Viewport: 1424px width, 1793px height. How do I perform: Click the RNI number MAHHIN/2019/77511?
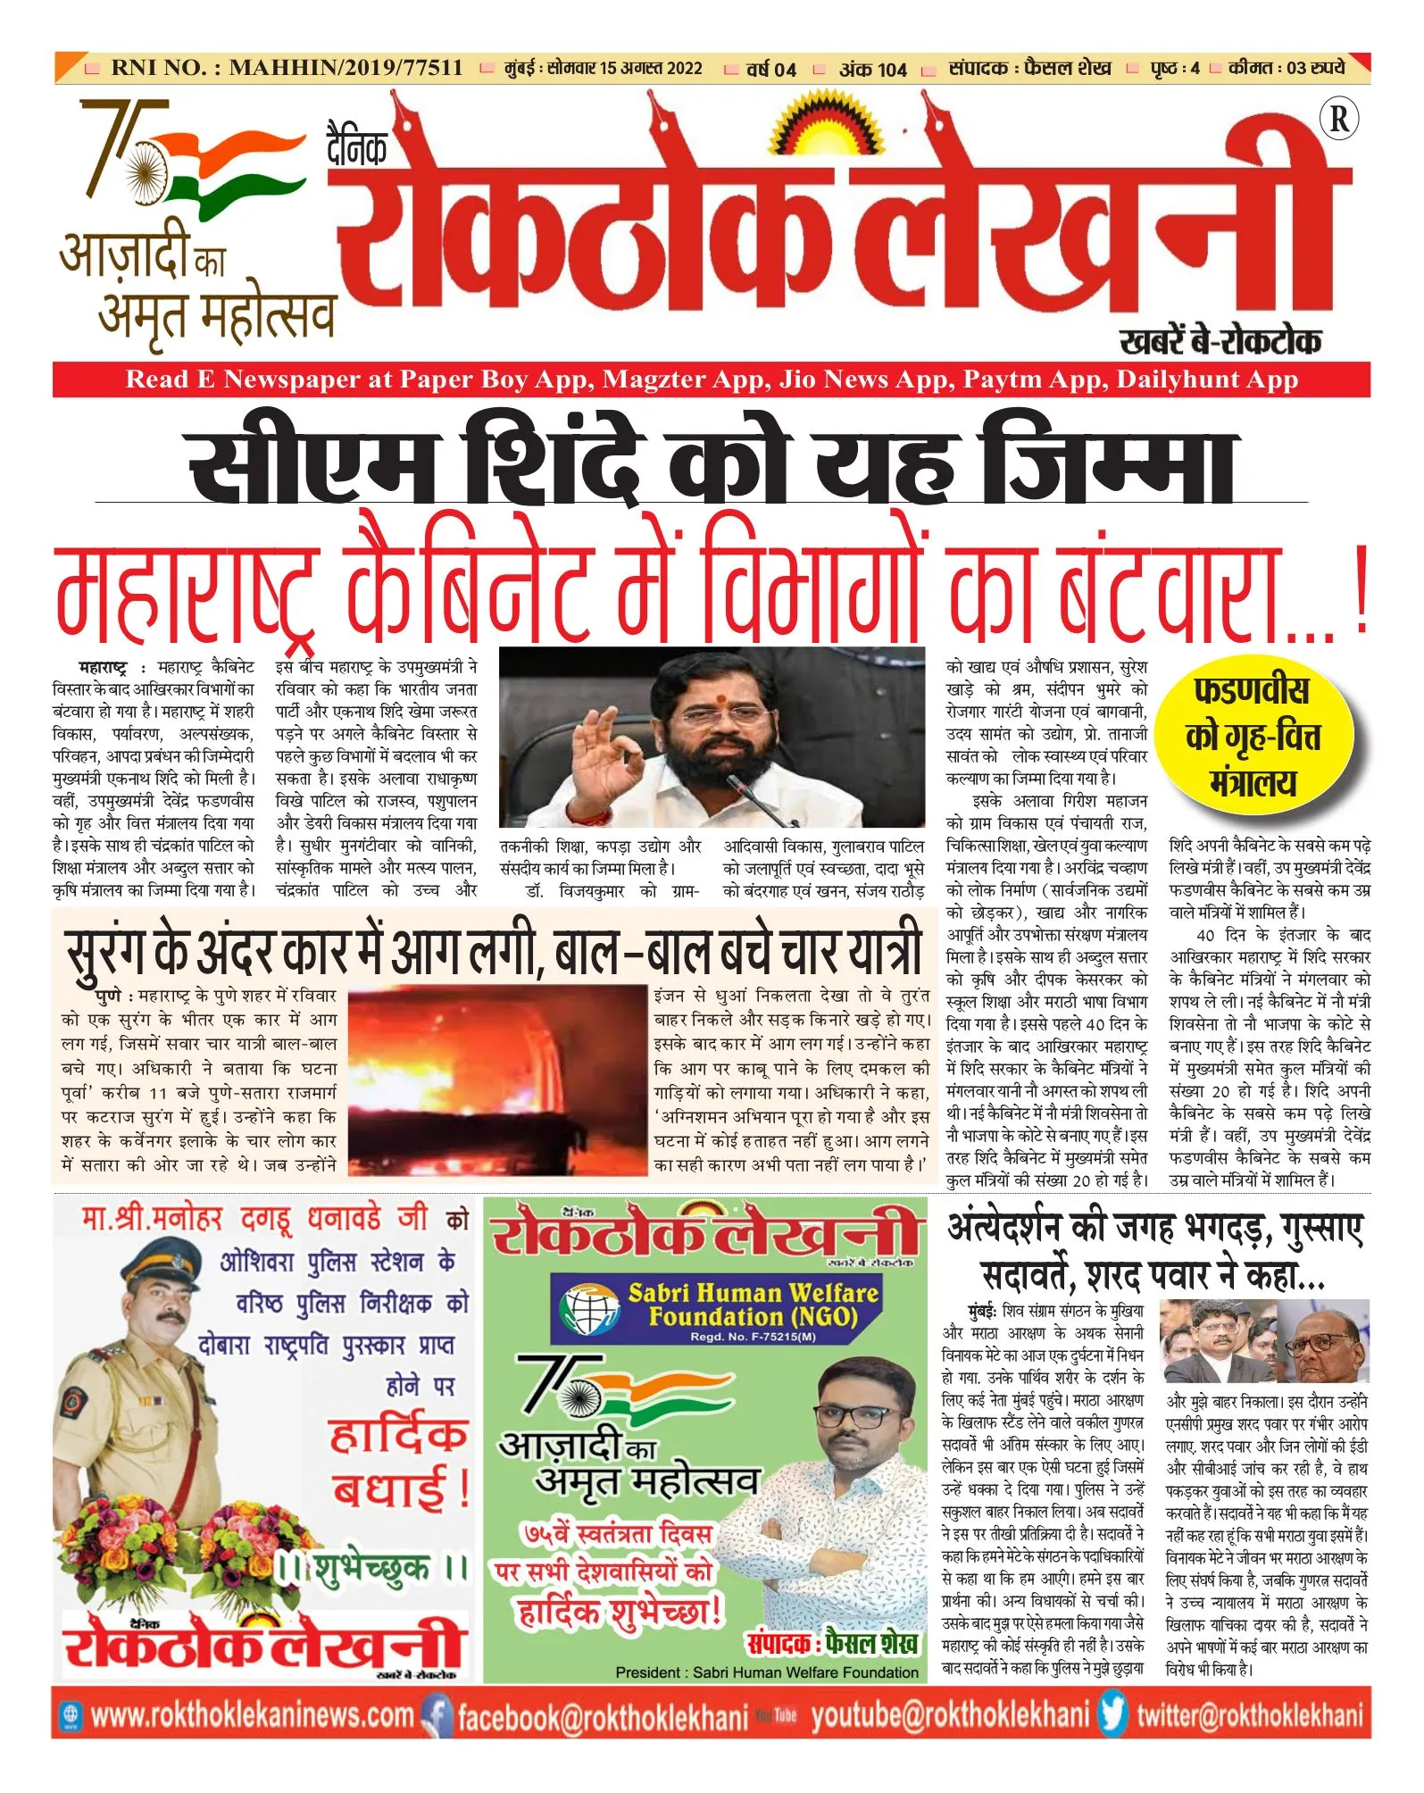point(346,68)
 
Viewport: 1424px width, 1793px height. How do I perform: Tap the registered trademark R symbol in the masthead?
point(1339,120)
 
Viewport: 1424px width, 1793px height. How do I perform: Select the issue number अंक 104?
point(872,70)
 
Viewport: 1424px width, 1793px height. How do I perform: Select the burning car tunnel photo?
point(498,1080)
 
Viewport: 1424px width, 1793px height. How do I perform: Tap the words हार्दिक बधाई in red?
point(399,1463)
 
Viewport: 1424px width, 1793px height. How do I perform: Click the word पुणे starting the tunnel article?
point(110,996)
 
